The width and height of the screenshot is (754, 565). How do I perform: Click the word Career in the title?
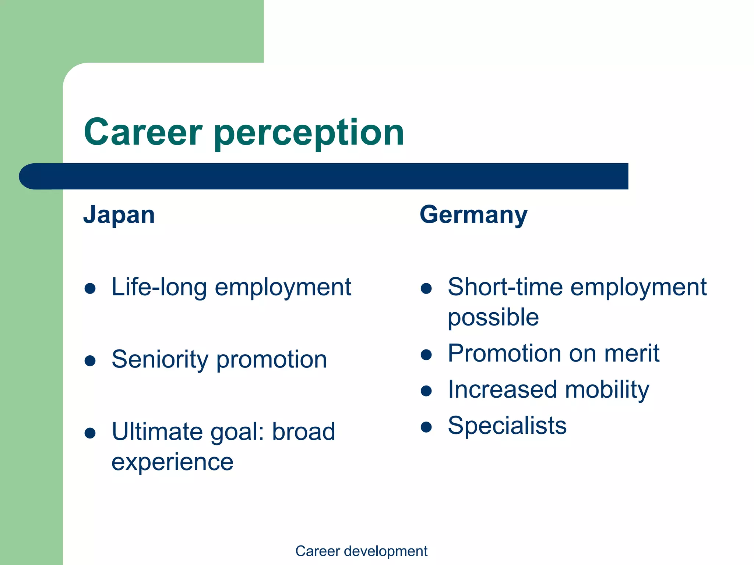point(143,132)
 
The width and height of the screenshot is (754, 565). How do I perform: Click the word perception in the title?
point(309,133)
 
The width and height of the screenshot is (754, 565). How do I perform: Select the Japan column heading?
point(119,215)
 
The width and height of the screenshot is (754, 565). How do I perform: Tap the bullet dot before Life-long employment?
point(90,288)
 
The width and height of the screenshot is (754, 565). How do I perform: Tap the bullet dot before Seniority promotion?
point(90,360)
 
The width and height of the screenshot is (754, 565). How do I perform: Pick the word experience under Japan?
point(172,462)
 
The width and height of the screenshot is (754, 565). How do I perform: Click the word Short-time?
point(505,287)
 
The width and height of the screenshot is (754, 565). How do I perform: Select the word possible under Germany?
point(493,318)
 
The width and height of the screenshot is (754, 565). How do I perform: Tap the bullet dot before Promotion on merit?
point(426,355)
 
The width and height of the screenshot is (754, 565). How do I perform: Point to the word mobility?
point(607,390)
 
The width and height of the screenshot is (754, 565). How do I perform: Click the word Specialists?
point(507,426)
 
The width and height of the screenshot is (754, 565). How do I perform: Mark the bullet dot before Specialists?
point(426,427)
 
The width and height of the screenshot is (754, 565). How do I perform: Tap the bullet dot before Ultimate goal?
point(90,433)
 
